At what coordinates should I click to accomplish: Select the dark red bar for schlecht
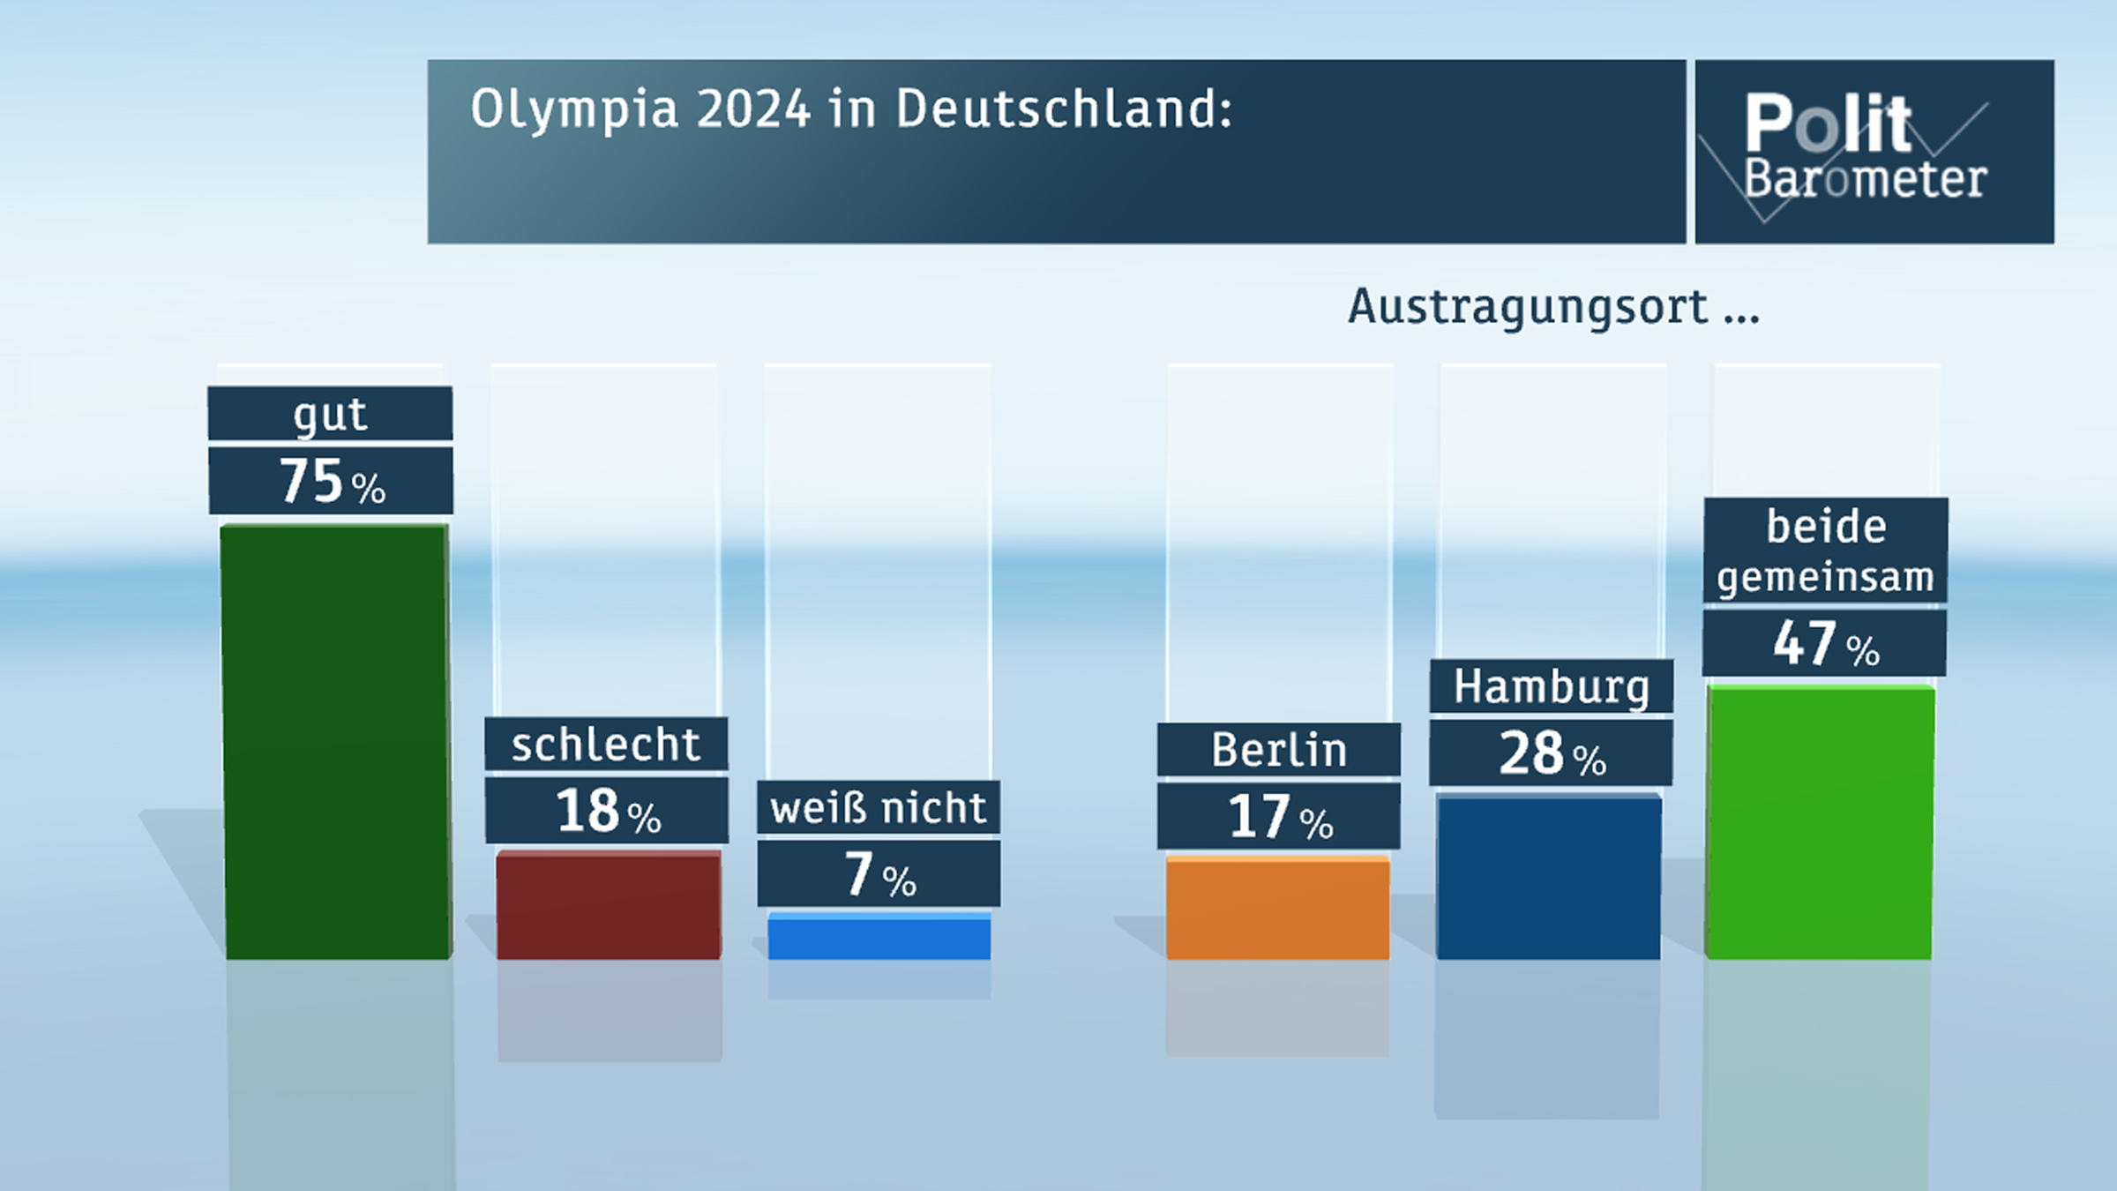point(609,905)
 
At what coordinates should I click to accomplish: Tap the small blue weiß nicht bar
point(879,937)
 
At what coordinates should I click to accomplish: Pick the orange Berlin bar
point(1277,909)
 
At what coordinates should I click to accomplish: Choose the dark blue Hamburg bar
point(1549,878)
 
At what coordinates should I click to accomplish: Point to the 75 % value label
point(332,482)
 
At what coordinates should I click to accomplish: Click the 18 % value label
point(607,811)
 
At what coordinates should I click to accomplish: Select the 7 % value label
point(879,874)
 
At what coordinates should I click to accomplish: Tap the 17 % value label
point(1279,817)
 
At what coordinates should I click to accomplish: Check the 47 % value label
point(1824,644)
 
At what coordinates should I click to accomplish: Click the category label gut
point(330,414)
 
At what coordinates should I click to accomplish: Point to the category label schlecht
point(606,745)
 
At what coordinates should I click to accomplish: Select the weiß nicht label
point(879,808)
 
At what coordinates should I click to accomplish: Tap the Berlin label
point(1279,750)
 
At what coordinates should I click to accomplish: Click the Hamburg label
point(1551,686)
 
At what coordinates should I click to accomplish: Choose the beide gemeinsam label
point(1825,551)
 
